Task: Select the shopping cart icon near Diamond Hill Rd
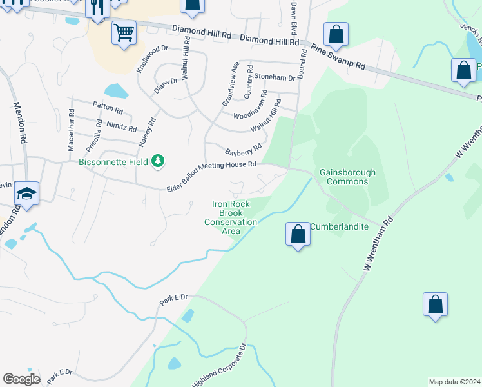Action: tap(124, 32)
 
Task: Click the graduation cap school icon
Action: tap(26, 193)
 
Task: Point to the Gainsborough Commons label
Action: tap(343, 177)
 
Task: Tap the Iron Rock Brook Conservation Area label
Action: tap(231, 217)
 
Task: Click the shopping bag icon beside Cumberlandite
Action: tap(298, 234)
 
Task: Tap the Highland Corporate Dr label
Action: tap(219, 365)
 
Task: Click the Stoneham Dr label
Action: tap(274, 77)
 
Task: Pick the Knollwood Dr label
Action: tap(152, 58)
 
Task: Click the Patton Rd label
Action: tap(108, 108)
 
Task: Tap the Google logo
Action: tap(21, 379)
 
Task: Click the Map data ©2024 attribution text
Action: tap(454, 382)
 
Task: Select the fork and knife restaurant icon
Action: tap(97, 8)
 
